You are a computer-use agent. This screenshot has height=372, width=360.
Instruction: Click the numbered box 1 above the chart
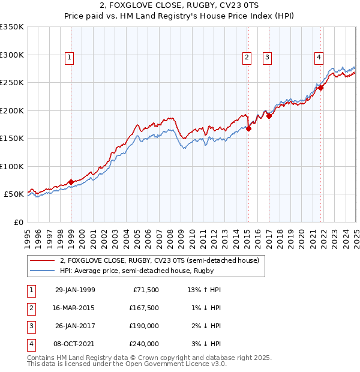pyautogui.click(x=70, y=58)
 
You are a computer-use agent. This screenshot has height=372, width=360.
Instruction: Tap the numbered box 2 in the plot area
pyautogui.click(x=247, y=58)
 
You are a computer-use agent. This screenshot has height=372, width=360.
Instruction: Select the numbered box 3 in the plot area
pyautogui.click(x=267, y=58)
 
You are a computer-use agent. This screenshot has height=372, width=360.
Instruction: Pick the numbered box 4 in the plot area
pyautogui.click(x=319, y=58)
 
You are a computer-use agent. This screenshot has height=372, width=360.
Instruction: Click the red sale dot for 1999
pyautogui.click(x=71, y=182)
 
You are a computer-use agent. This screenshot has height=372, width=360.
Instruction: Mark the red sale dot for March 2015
pyautogui.click(x=248, y=128)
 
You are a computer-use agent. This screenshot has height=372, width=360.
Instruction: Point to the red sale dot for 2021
pyautogui.click(x=321, y=88)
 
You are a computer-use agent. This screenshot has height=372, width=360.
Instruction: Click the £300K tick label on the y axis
pyautogui.click(x=11, y=55)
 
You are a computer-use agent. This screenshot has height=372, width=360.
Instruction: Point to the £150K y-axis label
pyautogui.click(x=11, y=139)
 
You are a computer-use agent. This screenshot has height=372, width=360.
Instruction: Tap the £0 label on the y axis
pyautogui.click(x=18, y=222)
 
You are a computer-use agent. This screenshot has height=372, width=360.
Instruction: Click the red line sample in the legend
pyautogui.click(x=43, y=260)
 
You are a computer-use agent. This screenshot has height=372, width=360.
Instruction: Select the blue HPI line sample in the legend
pyautogui.click(x=43, y=271)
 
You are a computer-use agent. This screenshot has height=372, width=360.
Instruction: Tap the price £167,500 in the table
pyautogui.click(x=143, y=308)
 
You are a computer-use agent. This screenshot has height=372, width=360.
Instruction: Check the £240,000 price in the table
pyautogui.click(x=143, y=344)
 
